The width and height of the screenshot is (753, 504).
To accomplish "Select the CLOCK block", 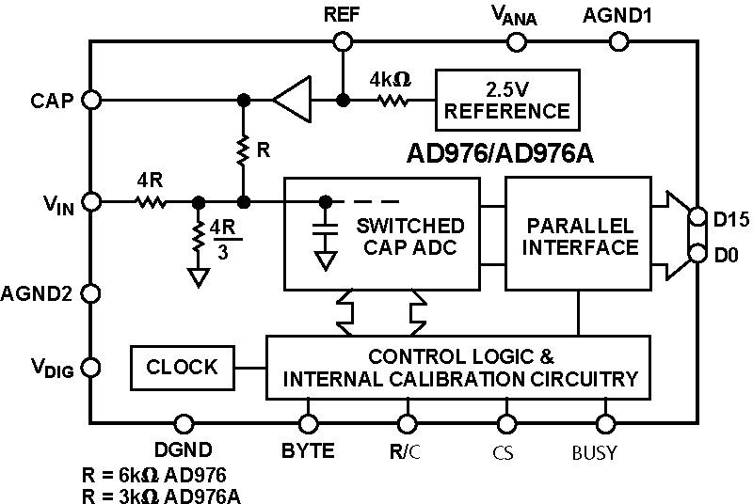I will tap(183, 367).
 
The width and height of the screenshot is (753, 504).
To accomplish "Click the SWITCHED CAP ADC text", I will tap(409, 236).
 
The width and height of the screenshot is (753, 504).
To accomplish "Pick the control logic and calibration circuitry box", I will tap(459, 368).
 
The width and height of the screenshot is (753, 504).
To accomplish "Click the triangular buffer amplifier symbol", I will tap(293, 99).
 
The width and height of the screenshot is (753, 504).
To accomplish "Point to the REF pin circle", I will tap(343, 40).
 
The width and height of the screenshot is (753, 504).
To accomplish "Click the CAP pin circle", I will tap(91, 99).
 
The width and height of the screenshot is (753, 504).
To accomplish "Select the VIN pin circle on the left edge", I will tap(91, 201).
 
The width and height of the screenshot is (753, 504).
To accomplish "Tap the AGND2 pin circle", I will tap(91, 293).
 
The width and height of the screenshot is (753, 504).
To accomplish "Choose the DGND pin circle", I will tap(184, 423).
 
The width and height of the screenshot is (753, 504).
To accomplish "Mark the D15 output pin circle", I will tap(697, 217).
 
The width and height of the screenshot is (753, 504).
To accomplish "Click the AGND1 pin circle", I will tap(618, 40).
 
